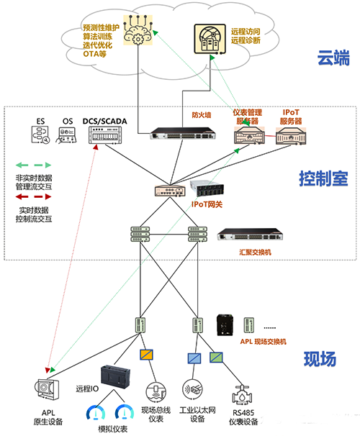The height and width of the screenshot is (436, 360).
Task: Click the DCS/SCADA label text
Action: [x=104, y=121]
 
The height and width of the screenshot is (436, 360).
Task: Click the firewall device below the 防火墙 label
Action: [x=179, y=134]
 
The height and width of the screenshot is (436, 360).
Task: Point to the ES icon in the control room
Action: [x=40, y=133]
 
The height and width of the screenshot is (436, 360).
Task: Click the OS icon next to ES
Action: [x=68, y=133]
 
